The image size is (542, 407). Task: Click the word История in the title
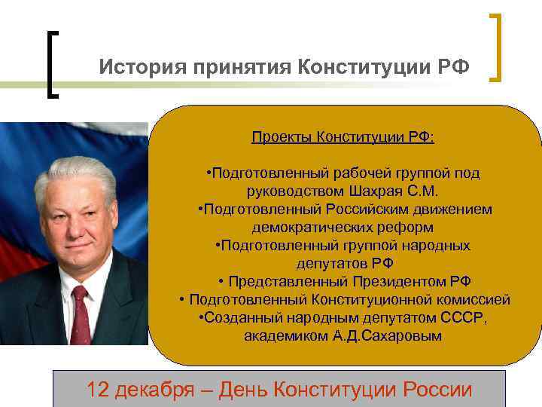[139, 68]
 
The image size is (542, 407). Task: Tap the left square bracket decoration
[52, 63]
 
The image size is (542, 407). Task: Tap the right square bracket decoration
[498, 47]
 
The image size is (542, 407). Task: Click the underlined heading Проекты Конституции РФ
[343, 138]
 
